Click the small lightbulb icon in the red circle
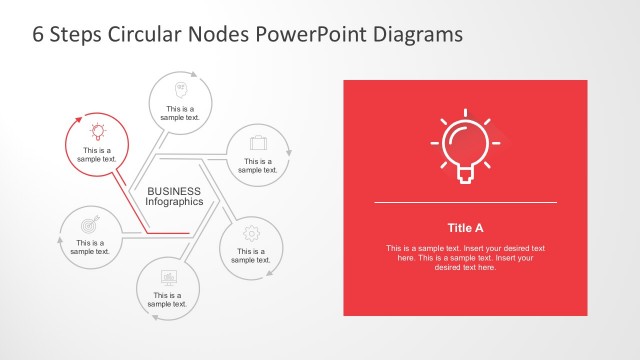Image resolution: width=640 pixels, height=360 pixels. [x=98, y=131]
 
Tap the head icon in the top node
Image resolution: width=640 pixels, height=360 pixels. [x=183, y=87]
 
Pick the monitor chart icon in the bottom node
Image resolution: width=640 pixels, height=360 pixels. [x=169, y=276]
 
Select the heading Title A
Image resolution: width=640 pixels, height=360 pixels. [x=465, y=227]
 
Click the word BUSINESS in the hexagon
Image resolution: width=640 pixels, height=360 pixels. [x=174, y=191]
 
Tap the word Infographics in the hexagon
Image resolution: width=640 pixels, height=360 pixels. [x=175, y=202]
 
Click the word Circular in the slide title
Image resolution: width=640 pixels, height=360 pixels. [x=138, y=34]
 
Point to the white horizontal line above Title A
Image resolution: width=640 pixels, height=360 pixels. [x=465, y=203]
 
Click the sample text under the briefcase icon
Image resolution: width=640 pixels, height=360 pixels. [x=257, y=165]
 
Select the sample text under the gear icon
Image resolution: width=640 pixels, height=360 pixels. [x=251, y=255]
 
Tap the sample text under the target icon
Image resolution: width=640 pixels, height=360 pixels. [x=90, y=247]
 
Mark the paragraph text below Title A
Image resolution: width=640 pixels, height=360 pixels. [x=465, y=257]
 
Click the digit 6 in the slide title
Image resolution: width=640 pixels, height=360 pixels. [x=39, y=34]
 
